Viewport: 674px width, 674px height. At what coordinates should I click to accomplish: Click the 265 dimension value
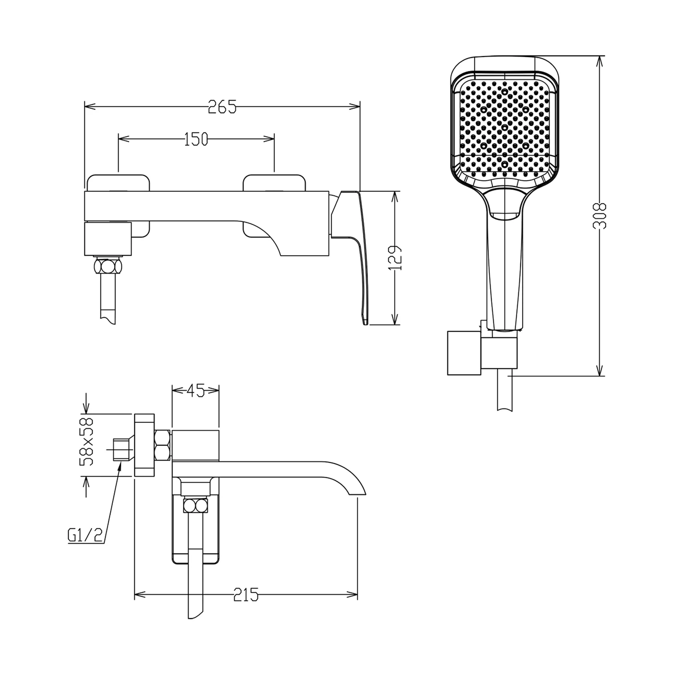click(222, 107)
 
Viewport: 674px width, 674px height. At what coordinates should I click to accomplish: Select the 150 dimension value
click(196, 140)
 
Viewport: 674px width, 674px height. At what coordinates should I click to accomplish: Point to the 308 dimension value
click(600, 216)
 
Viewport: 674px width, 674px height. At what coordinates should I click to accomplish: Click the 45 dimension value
click(195, 390)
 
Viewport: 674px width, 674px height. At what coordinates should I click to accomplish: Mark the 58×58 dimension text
click(86, 441)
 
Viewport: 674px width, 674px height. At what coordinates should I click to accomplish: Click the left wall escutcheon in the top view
click(118, 206)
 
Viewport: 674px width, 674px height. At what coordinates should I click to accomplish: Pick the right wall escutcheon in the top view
click(274, 206)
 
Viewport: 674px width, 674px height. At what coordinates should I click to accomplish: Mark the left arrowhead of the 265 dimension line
click(90, 106)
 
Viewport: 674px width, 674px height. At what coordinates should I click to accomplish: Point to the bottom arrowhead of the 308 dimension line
click(600, 369)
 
